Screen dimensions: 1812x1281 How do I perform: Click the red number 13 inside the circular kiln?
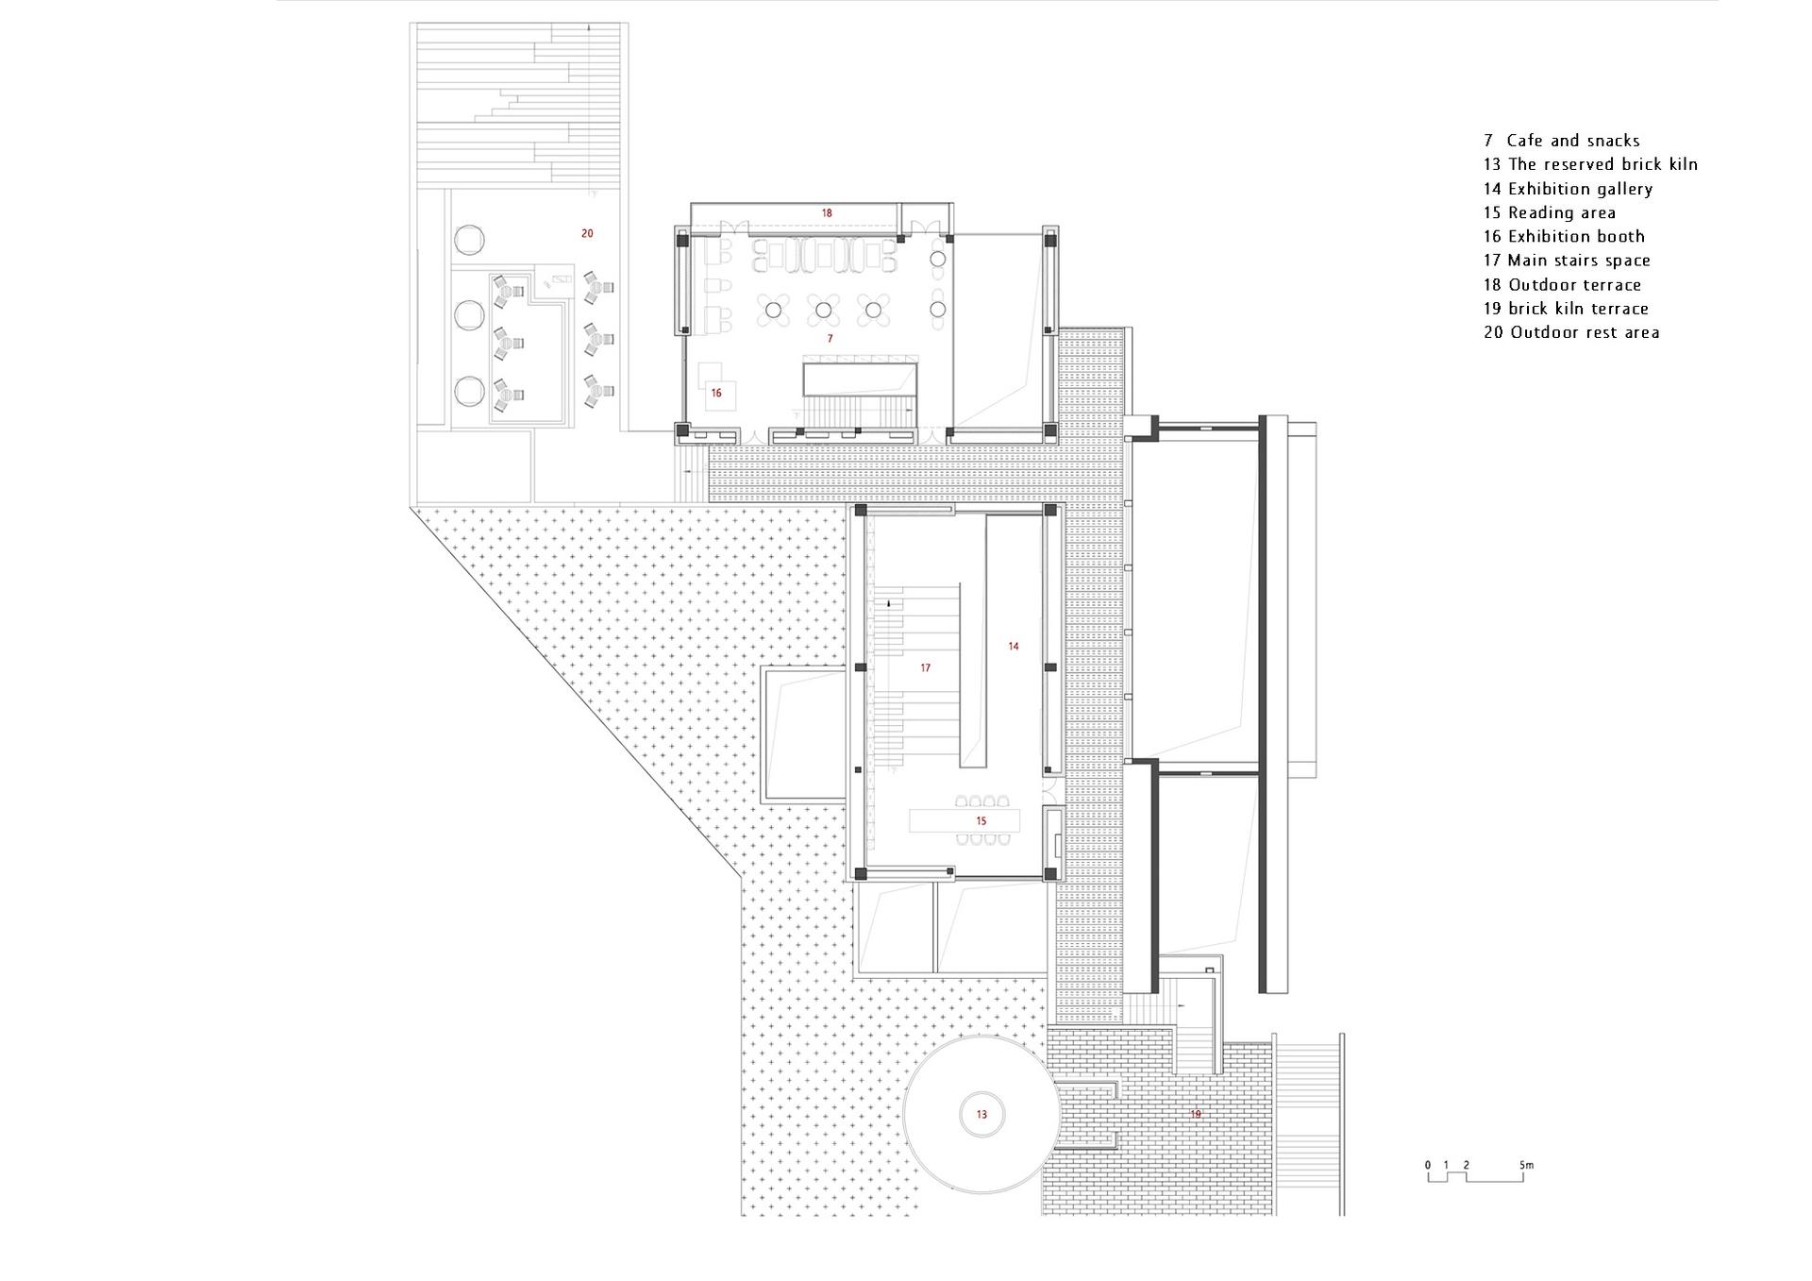click(981, 1115)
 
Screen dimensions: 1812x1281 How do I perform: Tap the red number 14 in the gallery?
click(1014, 647)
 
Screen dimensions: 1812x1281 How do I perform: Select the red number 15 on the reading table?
click(981, 821)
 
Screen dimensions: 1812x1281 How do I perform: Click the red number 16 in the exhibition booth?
click(716, 393)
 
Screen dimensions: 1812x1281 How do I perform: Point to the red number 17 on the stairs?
click(926, 668)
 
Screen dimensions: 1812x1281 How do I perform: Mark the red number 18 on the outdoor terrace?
click(827, 213)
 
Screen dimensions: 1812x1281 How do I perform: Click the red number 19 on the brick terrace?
click(1196, 1115)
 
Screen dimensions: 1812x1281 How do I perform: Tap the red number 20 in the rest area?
click(587, 233)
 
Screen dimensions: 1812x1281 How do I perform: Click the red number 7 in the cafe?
click(830, 338)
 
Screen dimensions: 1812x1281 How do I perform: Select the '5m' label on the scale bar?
click(1527, 1165)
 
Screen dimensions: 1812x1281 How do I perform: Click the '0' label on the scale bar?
click(1428, 1165)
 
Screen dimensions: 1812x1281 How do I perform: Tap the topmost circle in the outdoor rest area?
click(470, 238)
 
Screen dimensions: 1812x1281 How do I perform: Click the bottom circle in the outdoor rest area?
click(470, 391)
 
